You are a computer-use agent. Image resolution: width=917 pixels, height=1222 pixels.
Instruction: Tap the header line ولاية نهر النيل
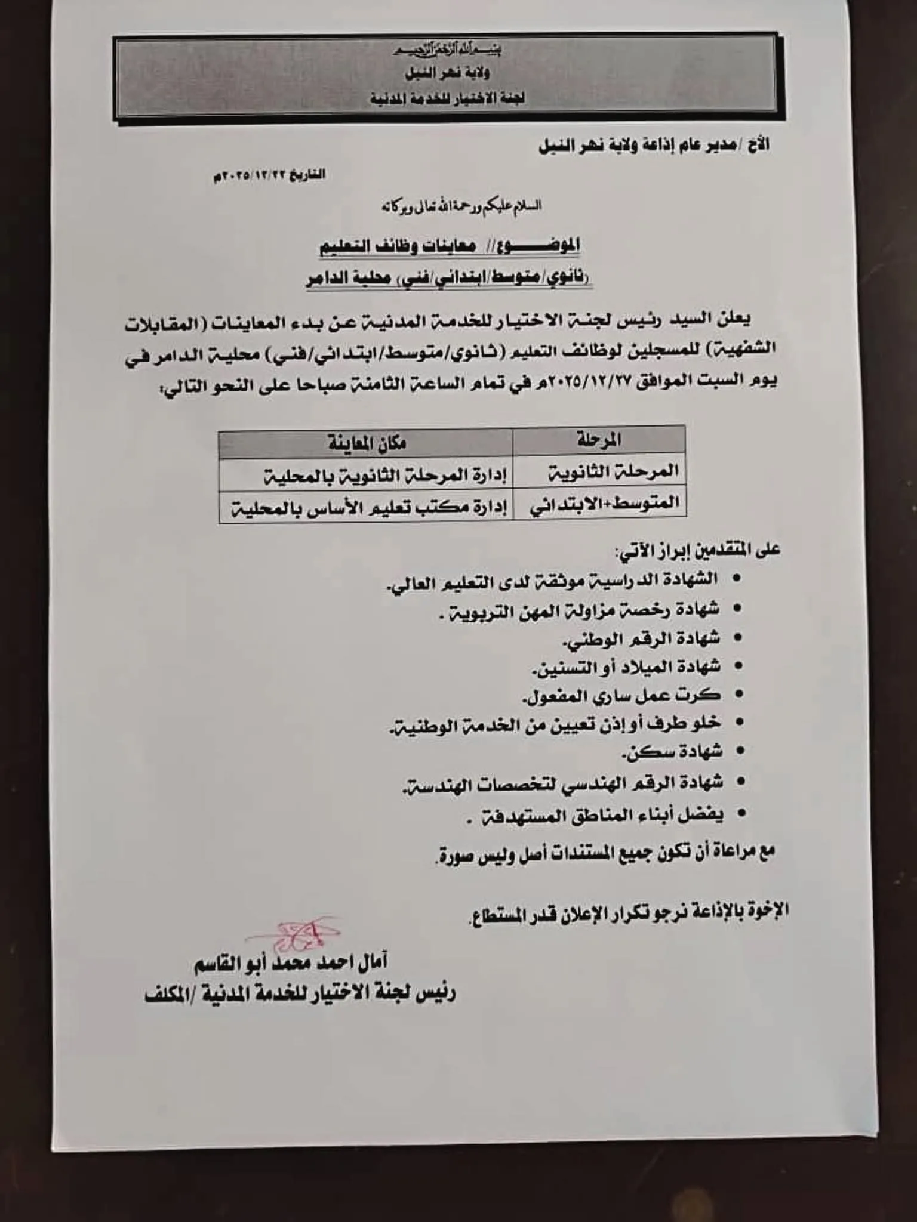pyautogui.click(x=448, y=74)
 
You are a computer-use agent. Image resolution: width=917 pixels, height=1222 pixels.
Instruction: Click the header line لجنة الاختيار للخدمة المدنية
pyautogui.click(x=447, y=98)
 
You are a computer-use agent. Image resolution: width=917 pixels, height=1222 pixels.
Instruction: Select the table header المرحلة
pyautogui.click(x=599, y=441)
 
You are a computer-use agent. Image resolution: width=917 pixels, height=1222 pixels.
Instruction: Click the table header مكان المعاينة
pyautogui.click(x=366, y=443)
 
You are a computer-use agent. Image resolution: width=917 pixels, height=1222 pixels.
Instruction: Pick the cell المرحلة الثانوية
pyautogui.click(x=613, y=473)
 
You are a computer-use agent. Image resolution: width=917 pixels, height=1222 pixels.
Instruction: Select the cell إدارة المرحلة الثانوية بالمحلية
pyautogui.click(x=385, y=476)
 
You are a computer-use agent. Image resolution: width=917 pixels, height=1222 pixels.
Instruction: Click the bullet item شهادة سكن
pyautogui.click(x=672, y=752)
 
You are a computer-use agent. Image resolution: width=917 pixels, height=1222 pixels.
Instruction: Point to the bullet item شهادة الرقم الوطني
pyautogui.click(x=641, y=639)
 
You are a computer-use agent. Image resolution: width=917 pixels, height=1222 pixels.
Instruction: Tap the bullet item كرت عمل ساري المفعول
pyautogui.click(x=621, y=695)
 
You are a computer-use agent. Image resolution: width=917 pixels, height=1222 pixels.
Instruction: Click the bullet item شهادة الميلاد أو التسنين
pyautogui.click(x=626, y=667)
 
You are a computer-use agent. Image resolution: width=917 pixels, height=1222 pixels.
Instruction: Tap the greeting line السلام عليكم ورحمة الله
pyautogui.click(x=461, y=206)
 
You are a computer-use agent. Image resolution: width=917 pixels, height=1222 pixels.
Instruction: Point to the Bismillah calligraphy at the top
pyautogui.click(x=448, y=50)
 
